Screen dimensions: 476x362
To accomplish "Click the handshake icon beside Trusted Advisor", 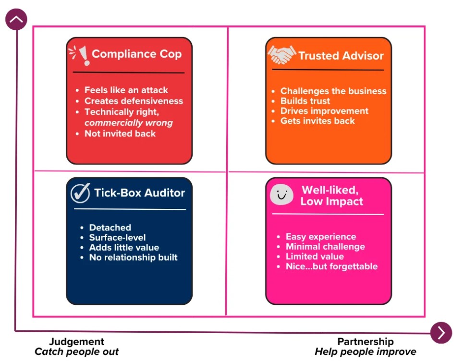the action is (281, 55).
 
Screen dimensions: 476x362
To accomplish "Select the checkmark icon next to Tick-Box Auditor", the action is (80, 193).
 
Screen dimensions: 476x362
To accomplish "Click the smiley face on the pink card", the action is (282, 194).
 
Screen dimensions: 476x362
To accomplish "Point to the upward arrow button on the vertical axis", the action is (16, 19).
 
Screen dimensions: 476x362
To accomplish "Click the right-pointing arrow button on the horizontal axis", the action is (441, 333).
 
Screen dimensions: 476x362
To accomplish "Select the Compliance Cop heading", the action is (136, 54).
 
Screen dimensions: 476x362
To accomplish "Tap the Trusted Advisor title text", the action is (341, 56).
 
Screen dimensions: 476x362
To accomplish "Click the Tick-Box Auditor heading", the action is (139, 193).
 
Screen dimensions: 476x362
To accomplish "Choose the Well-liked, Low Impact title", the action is (331, 196).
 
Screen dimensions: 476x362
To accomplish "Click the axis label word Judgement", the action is (76, 341).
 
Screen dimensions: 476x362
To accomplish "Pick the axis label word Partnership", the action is (366, 341).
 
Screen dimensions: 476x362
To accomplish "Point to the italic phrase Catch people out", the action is (76, 352).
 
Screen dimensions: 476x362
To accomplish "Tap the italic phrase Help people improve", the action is (366, 352).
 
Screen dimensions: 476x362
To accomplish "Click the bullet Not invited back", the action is (120, 133).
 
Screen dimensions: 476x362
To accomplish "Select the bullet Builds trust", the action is (305, 101).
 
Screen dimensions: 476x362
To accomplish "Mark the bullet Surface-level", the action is (117, 237).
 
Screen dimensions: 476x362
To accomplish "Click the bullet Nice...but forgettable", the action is (331, 266).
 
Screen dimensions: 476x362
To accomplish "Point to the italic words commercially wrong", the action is (128, 122).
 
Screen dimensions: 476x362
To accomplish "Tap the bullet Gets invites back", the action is (317, 121).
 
